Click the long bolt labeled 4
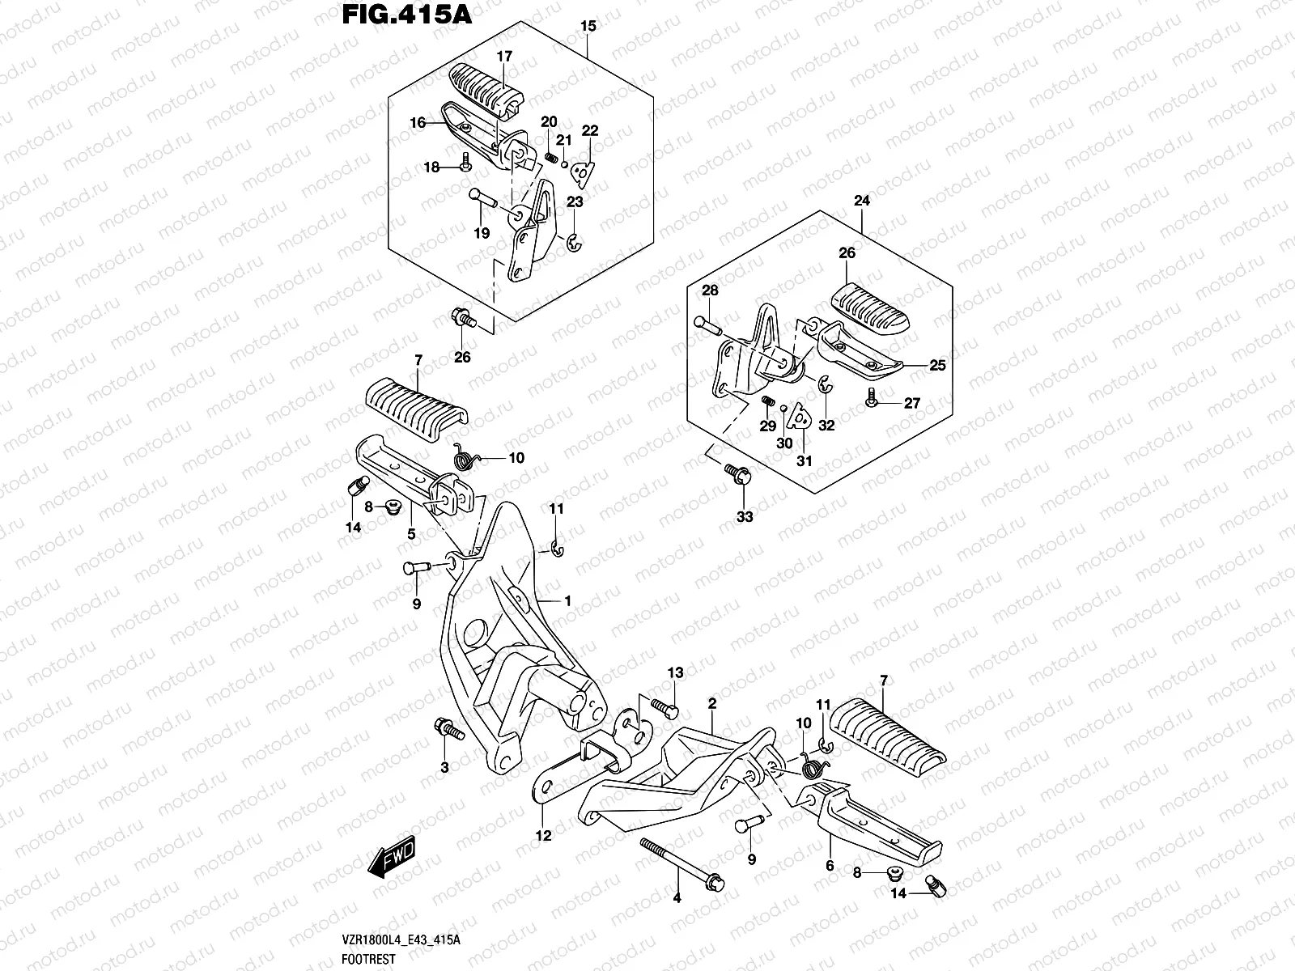click(682, 863)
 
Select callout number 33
click(745, 516)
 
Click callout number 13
click(675, 673)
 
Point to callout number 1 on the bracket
click(568, 601)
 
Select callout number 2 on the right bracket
click(711, 704)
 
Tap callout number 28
click(710, 290)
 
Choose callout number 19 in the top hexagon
click(482, 234)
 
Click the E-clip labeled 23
click(573, 242)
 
